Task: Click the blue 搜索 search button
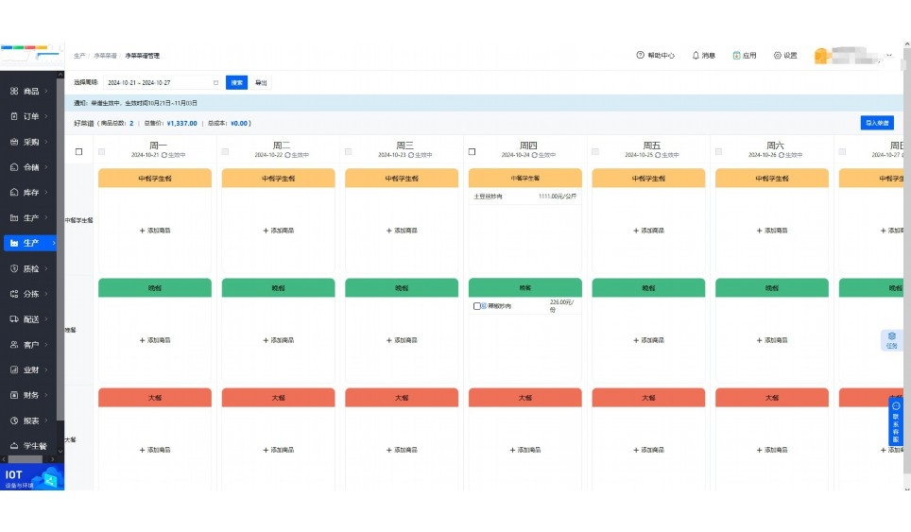coord(236,82)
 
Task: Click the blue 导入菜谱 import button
coord(877,123)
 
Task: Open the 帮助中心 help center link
coord(655,56)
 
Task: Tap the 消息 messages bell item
coord(703,56)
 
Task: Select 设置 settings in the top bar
coord(785,56)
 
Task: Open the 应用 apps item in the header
coord(745,56)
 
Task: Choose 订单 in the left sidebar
coord(30,116)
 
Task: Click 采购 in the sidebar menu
coord(30,142)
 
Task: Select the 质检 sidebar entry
coord(30,268)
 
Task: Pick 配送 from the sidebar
coord(30,319)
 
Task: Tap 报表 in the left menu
coord(30,420)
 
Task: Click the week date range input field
coord(161,82)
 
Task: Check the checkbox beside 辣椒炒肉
coord(477,306)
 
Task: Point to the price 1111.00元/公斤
coord(558,197)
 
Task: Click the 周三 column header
coord(405,146)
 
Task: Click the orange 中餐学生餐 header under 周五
coord(648,178)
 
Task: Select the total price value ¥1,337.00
coord(181,123)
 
